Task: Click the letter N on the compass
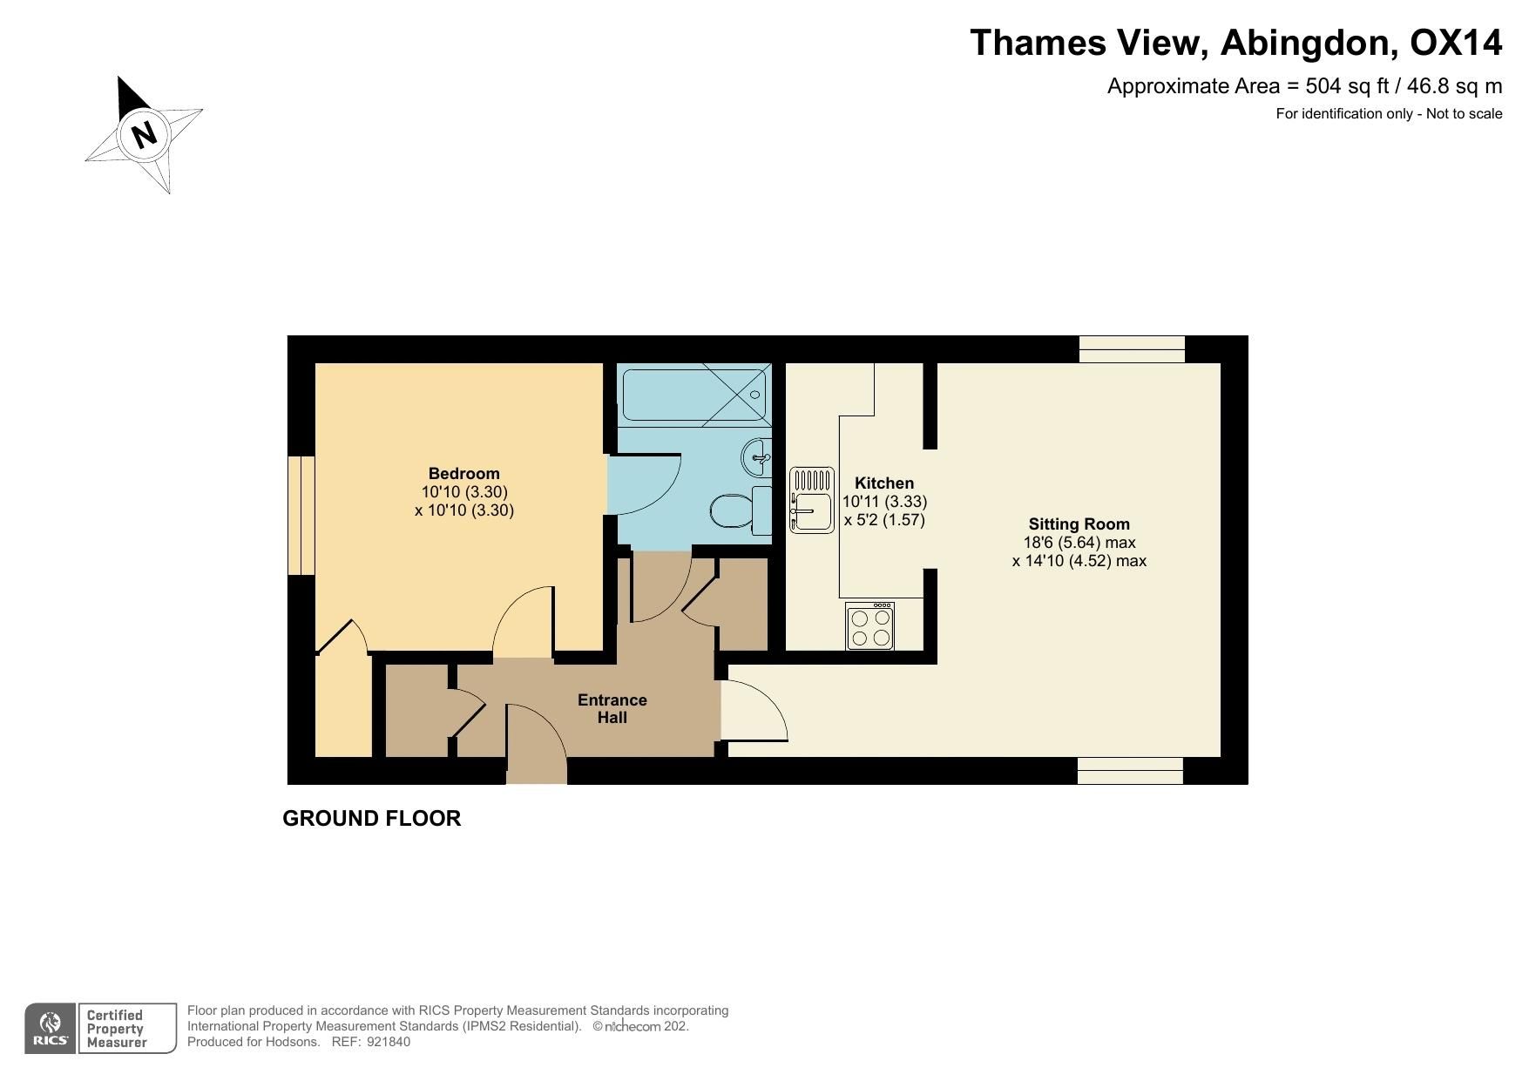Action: (x=145, y=134)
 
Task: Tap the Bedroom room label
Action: (x=463, y=474)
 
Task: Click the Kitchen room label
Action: (x=884, y=483)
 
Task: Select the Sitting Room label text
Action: (x=1079, y=524)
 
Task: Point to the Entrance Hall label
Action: (x=612, y=709)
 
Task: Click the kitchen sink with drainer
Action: (x=811, y=500)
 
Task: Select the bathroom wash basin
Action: (x=757, y=455)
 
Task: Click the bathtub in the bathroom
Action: (x=693, y=395)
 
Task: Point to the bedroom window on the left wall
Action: (x=301, y=515)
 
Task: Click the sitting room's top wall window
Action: (x=1132, y=349)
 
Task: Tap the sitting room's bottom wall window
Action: (x=1130, y=771)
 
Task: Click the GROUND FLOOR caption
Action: (x=371, y=819)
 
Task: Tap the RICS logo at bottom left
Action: (x=51, y=1029)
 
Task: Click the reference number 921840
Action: (x=388, y=1042)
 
